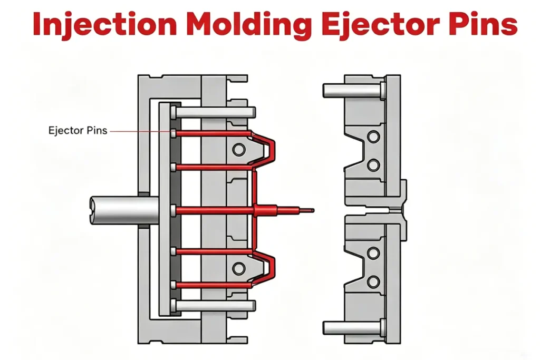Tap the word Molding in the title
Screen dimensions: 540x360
(x=250, y=24)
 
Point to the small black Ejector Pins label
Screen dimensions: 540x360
(x=78, y=131)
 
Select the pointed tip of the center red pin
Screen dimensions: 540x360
(x=313, y=210)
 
